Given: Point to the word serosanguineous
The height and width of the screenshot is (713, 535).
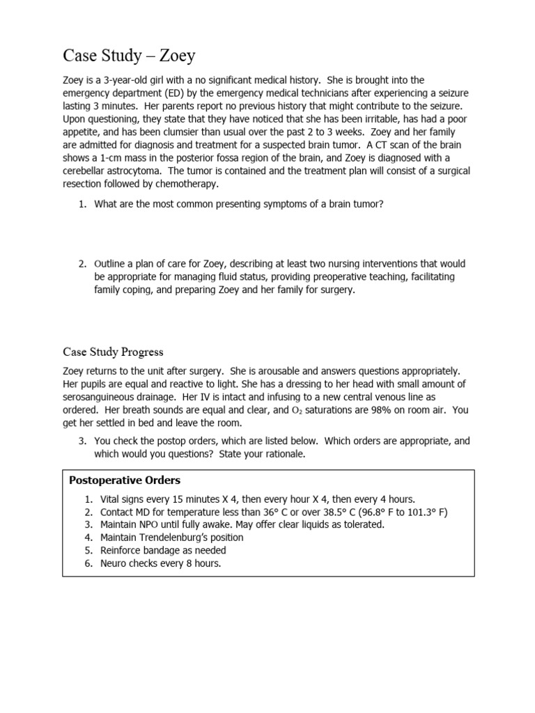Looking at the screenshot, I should pyautogui.click(x=98, y=398).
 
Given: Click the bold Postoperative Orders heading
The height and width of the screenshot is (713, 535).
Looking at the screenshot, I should pyautogui.click(x=124, y=480).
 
